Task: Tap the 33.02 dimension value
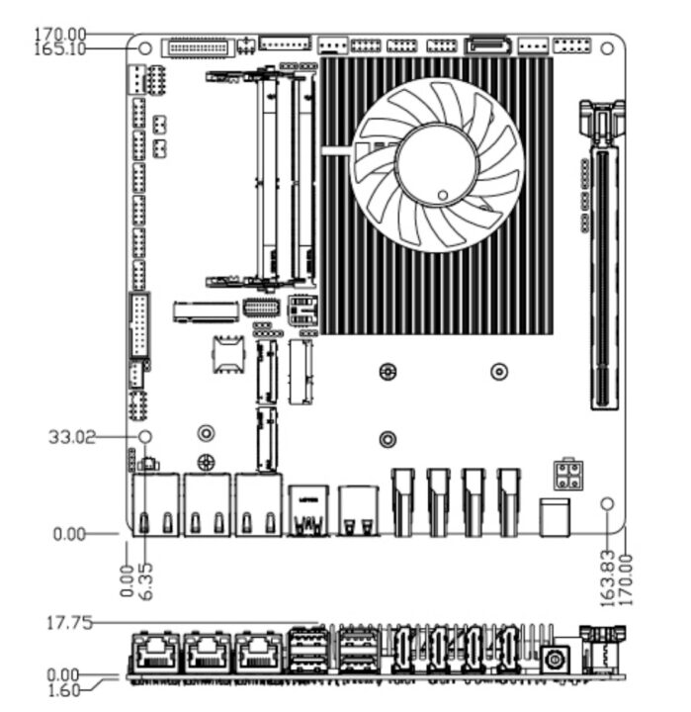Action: point(72,436)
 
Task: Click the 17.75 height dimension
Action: point(70,623)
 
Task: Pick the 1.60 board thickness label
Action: point(66,690)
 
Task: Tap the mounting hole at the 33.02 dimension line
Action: point(144,436)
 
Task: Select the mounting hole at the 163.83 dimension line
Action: point(608,504)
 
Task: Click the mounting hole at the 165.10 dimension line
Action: point(145,47)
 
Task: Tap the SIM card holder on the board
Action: point(226,353)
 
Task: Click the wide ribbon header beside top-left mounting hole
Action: point(199,46)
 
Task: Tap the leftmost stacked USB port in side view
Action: point(307,653)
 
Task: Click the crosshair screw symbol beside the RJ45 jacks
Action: point(206,461)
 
